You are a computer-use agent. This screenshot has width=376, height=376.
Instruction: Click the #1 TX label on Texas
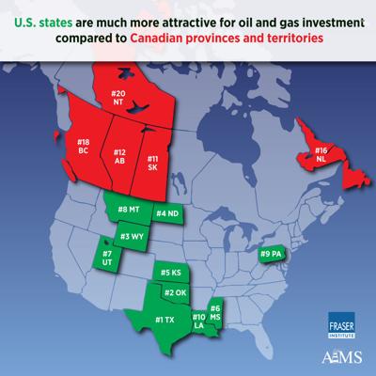[164, 321]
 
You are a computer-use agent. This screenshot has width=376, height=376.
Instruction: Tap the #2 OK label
[176, 293]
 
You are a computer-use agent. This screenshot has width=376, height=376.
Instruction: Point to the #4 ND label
[168, 215]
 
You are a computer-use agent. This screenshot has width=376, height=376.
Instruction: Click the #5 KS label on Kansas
[170, 272]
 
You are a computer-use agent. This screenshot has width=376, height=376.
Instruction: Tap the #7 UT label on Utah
[107, 258]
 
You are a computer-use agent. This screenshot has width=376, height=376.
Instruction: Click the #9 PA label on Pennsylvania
[273, 253]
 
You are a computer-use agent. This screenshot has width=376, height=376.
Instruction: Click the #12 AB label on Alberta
[120, 156]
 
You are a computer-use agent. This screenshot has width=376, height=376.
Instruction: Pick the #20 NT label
[118, 100]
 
